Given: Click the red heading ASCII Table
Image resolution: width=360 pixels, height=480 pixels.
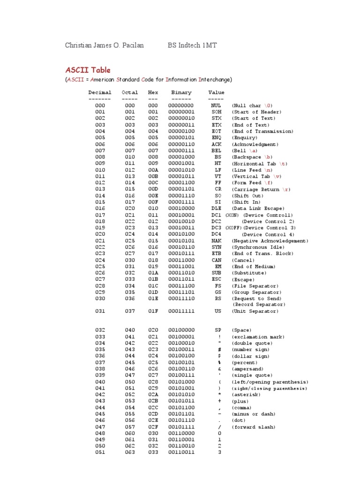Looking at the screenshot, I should pyautogui.click(x=88, y=70).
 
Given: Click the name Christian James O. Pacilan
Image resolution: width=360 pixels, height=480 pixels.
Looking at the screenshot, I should pyautogui.click(x=105, y=45).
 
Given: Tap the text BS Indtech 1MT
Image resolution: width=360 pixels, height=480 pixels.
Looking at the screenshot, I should pyautogui.click(x=192, y=45).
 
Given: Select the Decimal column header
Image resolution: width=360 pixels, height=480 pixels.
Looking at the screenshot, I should pyautogui.click(x=100, y=93).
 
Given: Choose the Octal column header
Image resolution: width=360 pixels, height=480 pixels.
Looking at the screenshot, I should pyautogui.click(x=130, y=93).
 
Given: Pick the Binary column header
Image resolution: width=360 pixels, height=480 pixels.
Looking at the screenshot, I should pyautogui.click(x=181, y=93).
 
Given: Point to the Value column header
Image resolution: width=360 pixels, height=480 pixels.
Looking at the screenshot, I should pyautogui.click(x=216, y=93).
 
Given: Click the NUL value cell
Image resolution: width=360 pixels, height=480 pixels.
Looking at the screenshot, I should pyautogui.click(x=216, y=106).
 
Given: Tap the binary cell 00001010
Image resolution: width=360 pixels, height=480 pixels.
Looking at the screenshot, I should pyautogui.click(x=181, y=170).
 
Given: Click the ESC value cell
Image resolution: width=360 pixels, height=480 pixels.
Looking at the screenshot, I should pyautogui.click(x=216, y=279).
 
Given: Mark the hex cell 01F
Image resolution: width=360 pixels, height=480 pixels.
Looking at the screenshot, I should pyautogui.click(x=153, y=311).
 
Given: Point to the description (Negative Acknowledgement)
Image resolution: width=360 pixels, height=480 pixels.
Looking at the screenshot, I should pyautogui.click(x=270, y=241).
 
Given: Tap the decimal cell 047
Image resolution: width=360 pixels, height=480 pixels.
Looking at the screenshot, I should pyautogui.click(x=100, y=427).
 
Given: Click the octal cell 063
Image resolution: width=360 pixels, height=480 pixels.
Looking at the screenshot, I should pyautogui.click(x=130, y=453).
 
